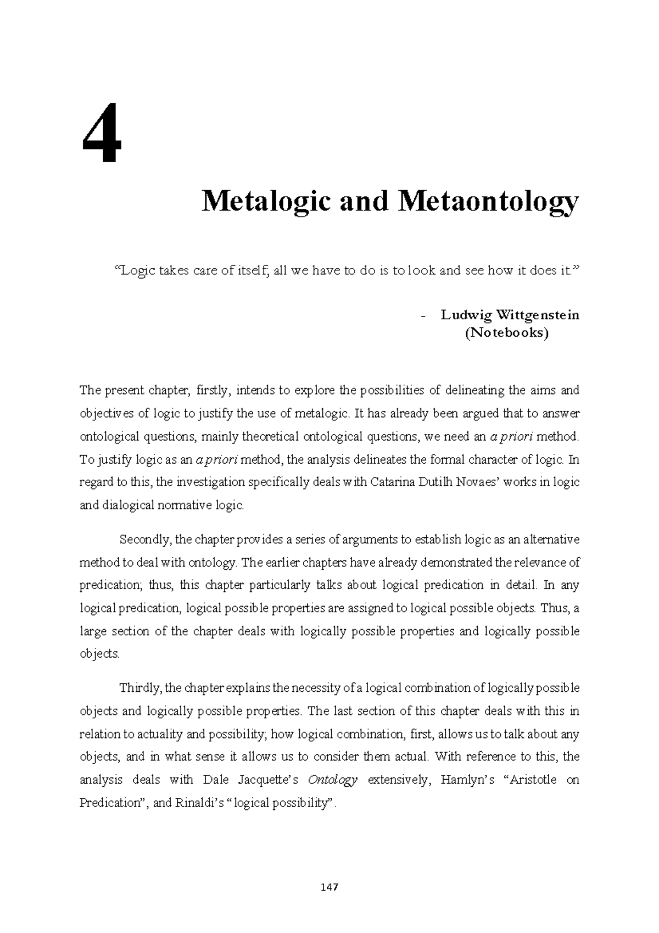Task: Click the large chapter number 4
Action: (x=100, y=133)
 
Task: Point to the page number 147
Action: (x=329, y=887)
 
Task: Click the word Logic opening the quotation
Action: (x=132, y=270)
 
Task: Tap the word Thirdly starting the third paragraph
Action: (x=140, y=688)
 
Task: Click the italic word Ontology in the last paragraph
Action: (x=333, y=780)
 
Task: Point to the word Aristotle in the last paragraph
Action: (x=530, y=780)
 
